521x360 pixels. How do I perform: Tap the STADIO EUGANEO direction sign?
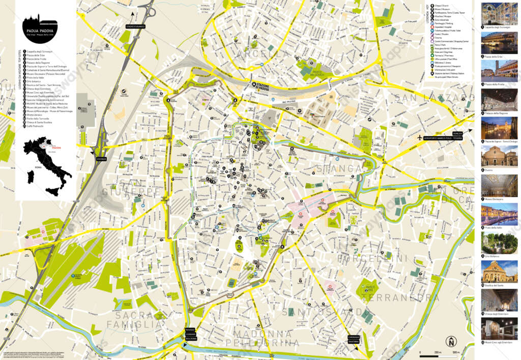click(135, 26)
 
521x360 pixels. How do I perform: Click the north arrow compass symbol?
click(450, 342)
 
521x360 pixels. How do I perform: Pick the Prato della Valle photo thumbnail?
click(499, 214)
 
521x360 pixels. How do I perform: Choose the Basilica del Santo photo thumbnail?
click(499, 272)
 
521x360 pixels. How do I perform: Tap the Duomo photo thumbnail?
click(499, 157)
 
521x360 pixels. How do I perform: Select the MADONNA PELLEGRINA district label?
click(259, 338)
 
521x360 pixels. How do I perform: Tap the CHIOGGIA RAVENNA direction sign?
click(354, 339)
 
